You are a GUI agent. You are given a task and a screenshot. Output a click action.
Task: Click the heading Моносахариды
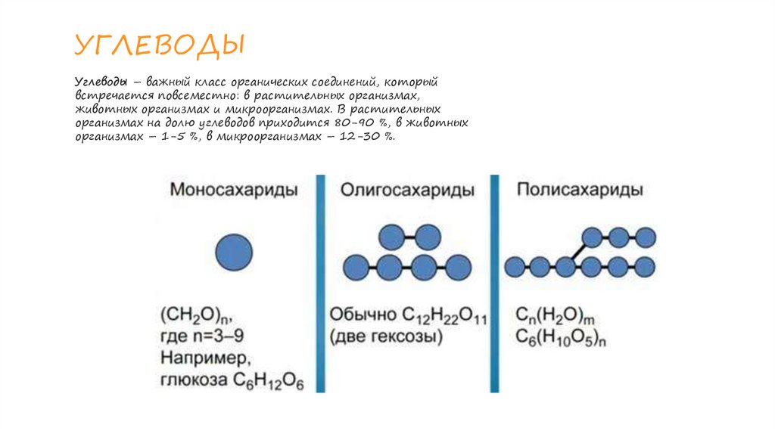click(232, 189)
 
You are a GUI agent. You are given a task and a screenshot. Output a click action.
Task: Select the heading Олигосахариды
click(407, 190)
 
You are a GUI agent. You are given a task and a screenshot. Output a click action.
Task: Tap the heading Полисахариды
click(580, 189)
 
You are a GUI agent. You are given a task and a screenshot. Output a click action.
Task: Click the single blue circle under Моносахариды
click(234, 252)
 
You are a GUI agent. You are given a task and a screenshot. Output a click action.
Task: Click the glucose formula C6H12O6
click(268, 380)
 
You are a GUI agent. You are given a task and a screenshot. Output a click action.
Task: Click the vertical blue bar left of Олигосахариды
click(320, 284)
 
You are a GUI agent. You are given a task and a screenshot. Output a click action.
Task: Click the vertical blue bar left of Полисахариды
click(495, 284)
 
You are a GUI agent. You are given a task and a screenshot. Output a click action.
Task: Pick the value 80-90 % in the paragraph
click(369, 122)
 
